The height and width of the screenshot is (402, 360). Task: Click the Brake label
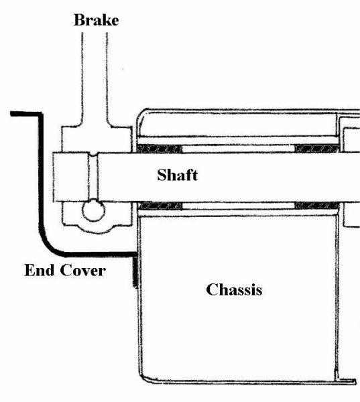pyautogui.click(x=97, y=20)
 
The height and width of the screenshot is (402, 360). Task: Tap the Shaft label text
pyautogui.click(x=177, y=175)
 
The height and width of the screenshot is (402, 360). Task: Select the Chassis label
pyautogui.click(x=234, y=289)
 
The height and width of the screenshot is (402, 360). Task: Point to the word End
pyautogui.click(x=40, y=270)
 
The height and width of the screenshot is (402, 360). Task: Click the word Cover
pyautogui.click(x=83, y=271)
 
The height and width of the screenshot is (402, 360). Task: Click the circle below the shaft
pyautogui.click(x=93, y=210)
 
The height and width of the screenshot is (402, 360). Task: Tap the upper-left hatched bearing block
pyautogui.click(x=159, y=149)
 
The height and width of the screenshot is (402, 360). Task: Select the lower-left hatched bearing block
pyautogui.click(x=160, y=206)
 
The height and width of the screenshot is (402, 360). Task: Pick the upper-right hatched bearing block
pyautogui.click(x=316, y=149)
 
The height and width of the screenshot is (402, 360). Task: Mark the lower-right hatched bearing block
pyautogui.click(x=317, y=206)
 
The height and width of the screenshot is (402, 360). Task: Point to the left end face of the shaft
pyautogui.click(x=53, y=177)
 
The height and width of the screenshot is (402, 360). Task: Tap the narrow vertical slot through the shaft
pyautogui.click(x=93, y=177)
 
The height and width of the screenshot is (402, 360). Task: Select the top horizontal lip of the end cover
pyautogui.click(x=26, y=114)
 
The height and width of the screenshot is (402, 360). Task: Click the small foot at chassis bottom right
pyautogui.click(x=346, y=381)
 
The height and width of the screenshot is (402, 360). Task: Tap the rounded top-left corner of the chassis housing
pyautogui.click(x=142, y=114)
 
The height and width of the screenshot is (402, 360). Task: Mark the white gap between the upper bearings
pyautogui.click(x=239, y=149)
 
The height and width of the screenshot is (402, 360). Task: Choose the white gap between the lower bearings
pyautogui.click(x=239, y=206)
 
